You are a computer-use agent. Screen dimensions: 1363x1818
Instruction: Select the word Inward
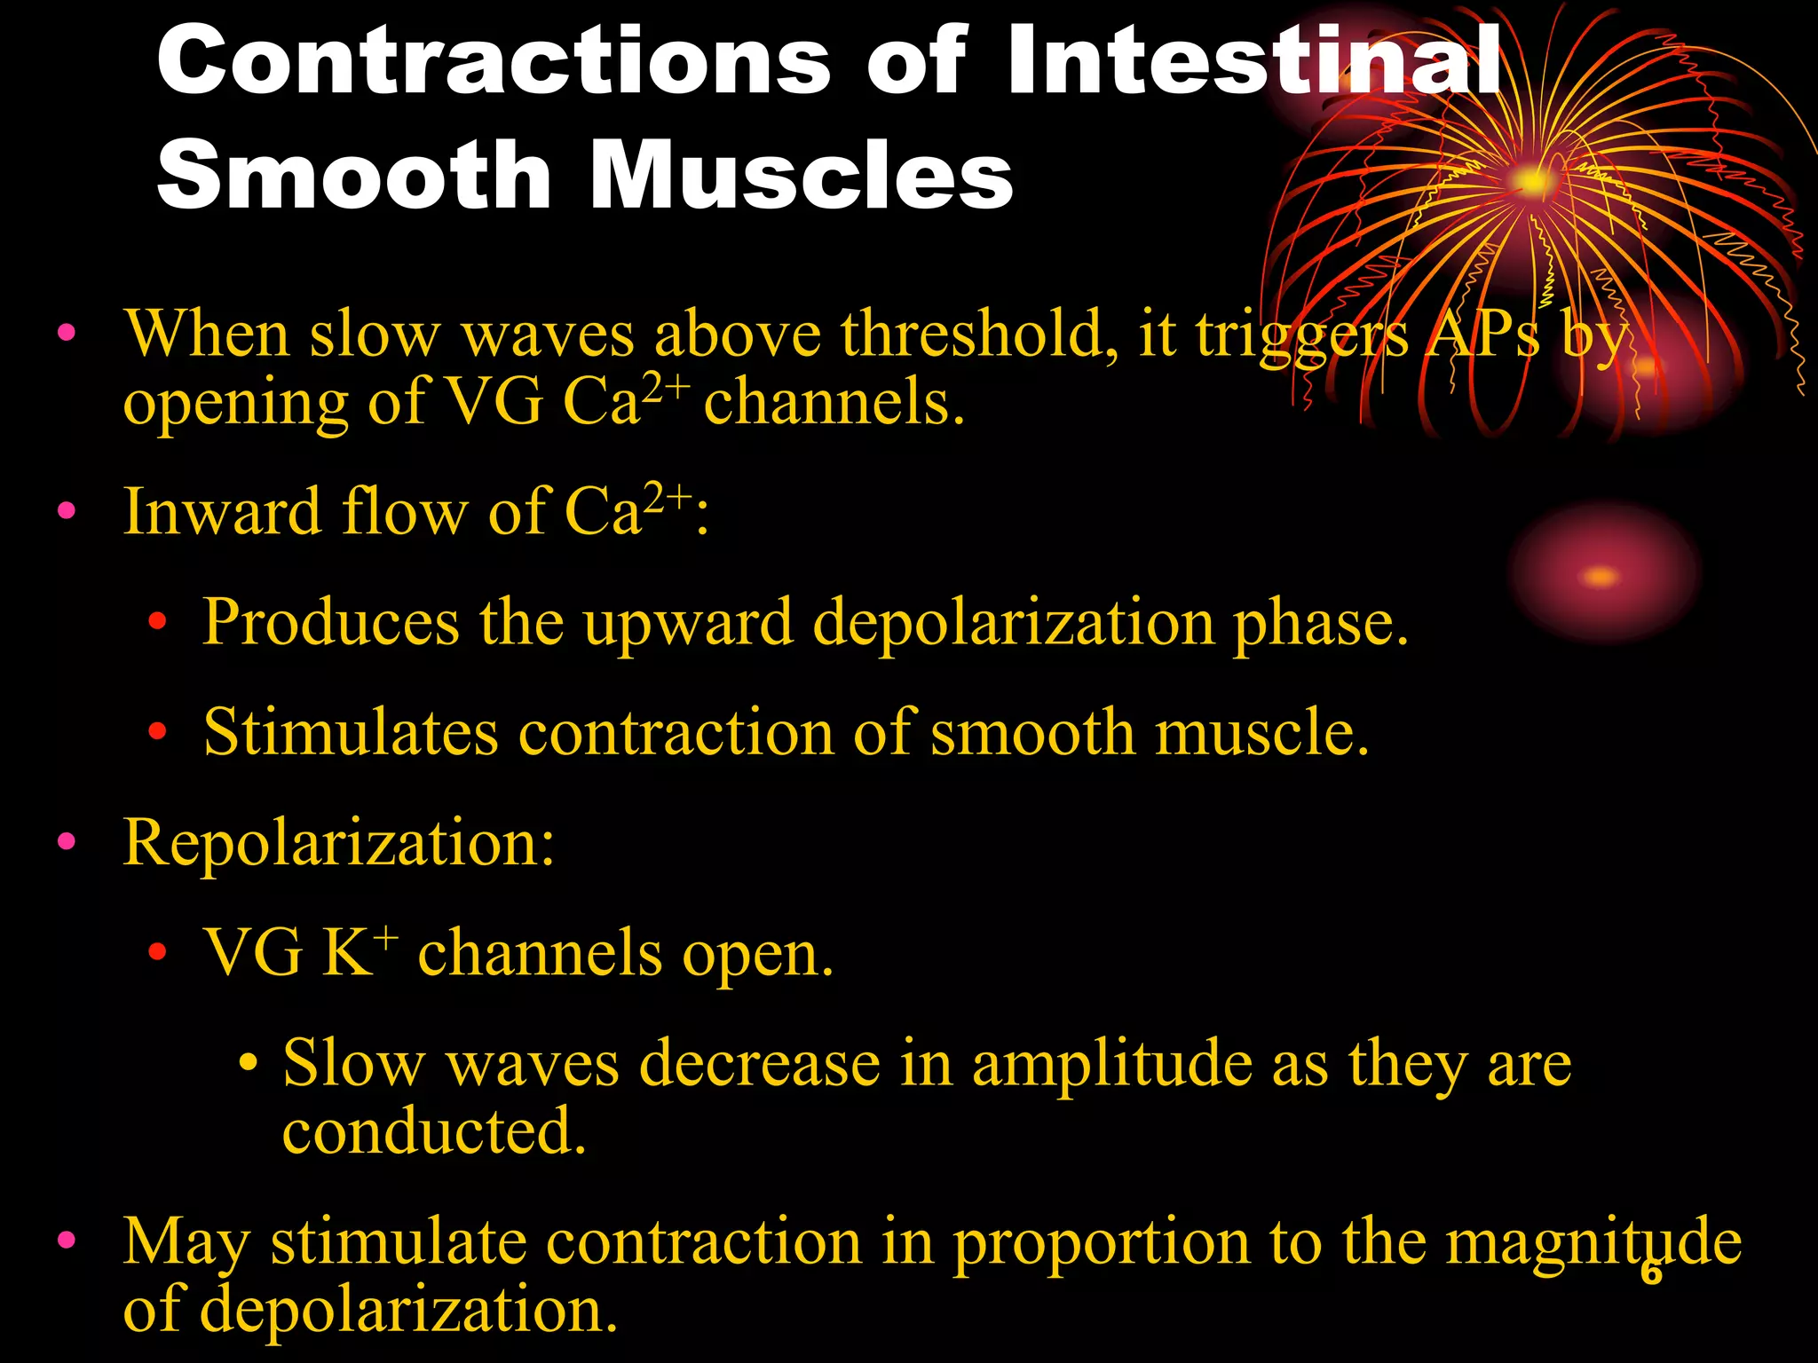pyautogui.click(x=221, y=512)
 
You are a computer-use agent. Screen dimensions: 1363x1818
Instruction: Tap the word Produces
pyautogui.click(x=330, y=622)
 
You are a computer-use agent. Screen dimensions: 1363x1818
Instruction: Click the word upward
pyautogui.click(x=688, y=624)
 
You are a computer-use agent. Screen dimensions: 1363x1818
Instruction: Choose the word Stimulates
pyautogui.click(x=351, y=733)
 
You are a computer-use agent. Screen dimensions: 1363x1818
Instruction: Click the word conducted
pyautogui.click(x=434, y=1131)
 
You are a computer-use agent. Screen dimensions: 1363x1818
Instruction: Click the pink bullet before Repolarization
pyautogui.click(x=67, y=841)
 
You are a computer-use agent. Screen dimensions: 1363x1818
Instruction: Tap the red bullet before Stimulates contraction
pyautogui.click(x=158, y=732)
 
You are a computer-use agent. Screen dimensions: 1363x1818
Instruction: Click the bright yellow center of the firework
pyautogui.click(x=1532, y=182)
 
